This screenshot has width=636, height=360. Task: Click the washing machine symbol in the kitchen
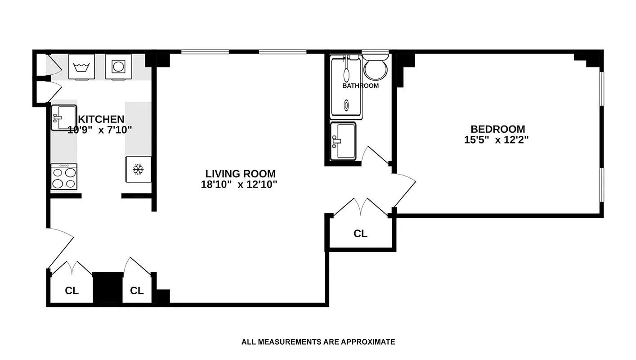point(81,67)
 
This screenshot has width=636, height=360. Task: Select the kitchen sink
point(63,118)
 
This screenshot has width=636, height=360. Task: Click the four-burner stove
point(63,176)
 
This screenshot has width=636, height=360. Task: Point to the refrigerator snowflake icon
point(137,170)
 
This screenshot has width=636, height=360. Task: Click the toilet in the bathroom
point(376,68)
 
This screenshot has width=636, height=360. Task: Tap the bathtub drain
point(346,106)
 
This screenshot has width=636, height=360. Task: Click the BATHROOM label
point(360,85)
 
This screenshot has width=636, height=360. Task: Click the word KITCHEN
point(101,119)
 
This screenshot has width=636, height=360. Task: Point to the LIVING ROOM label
point(240,174)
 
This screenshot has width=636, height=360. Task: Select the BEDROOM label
point(497,129)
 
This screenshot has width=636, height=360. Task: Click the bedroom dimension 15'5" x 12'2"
point(496,140)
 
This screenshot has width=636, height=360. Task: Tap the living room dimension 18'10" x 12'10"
point(239,184)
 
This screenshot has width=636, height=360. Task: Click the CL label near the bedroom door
point(360,234)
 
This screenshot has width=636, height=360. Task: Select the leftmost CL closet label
point(72,291)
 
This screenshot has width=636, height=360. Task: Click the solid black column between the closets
point(108,288)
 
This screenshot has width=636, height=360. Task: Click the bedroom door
point(404,191)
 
